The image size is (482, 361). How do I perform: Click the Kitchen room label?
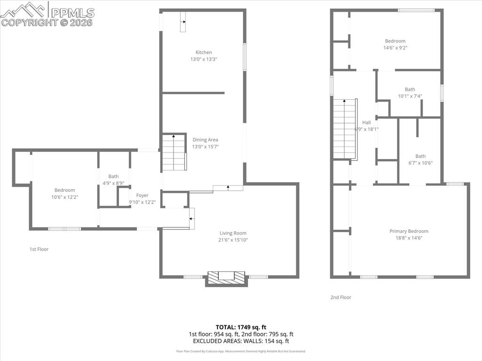(x=204, y=52)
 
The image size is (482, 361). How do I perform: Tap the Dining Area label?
(x=205, y=140)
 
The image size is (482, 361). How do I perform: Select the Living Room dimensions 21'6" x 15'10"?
(x=233, y=240)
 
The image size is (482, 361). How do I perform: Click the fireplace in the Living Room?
(x=226, y=277)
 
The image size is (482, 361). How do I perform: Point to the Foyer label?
(x=142, y=195)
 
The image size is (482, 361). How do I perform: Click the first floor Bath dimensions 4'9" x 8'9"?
(x=113, y=183)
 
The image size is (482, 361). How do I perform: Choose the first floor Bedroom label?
(x=64, y=190)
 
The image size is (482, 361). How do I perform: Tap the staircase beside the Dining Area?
(x=174, y=153)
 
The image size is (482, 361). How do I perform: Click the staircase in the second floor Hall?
(x=344, y=129)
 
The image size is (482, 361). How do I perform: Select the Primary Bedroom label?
(x=409, y=231)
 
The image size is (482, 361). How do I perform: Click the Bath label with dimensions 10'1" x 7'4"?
(x=410, y=89)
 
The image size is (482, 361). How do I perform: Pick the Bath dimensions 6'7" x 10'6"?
(x=420, y=163)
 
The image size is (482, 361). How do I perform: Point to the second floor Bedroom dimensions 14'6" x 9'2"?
(x=395, y=48)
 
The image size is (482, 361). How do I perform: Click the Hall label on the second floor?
(x=366, y=122)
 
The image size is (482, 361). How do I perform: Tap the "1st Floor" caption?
(x=39, y=249)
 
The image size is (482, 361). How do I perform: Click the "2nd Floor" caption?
(x=340, y=297)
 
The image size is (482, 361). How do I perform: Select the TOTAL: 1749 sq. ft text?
(x=241, y=327)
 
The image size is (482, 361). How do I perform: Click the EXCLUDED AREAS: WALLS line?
(x=241, y=341)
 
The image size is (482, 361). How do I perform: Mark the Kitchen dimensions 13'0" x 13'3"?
(x=204, y=59)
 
